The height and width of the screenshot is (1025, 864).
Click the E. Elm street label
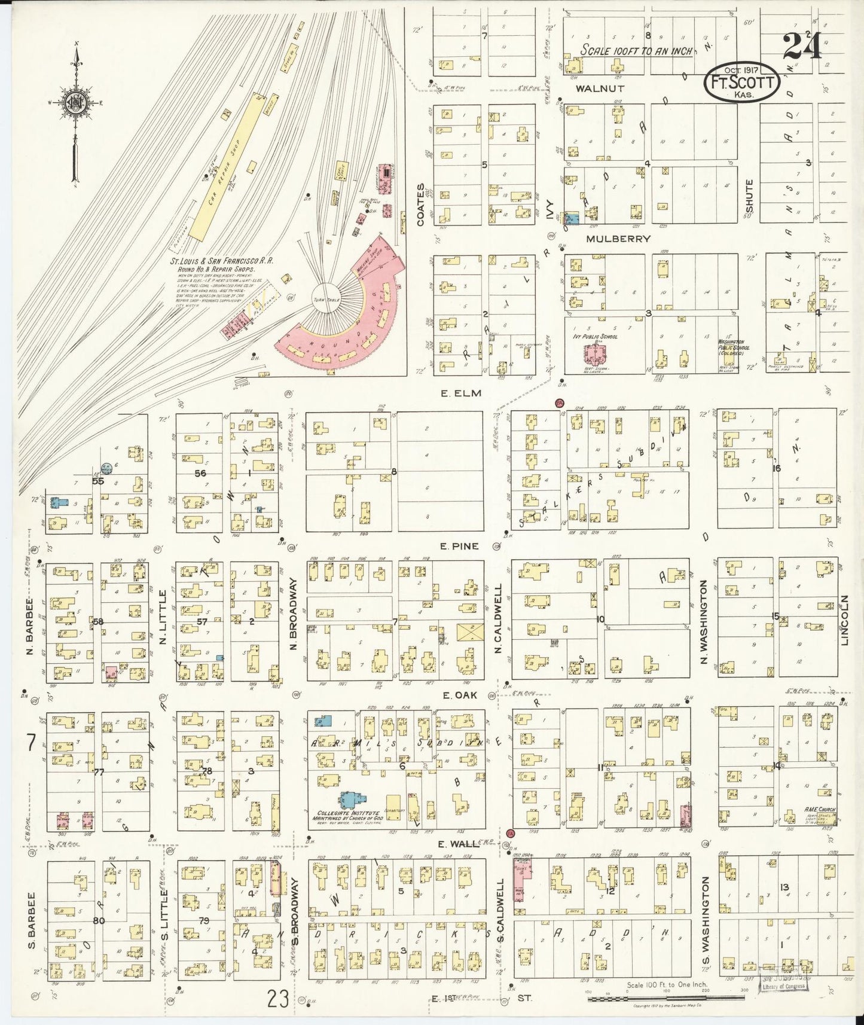pos(460,393)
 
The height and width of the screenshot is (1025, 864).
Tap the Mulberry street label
pos(618,239)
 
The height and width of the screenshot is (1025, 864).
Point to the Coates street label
pos(420,205)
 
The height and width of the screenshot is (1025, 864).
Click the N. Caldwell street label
pos(497,618)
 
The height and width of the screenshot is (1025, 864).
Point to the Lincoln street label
pos(845,620)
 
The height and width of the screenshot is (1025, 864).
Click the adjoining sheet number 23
pos(278,998)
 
